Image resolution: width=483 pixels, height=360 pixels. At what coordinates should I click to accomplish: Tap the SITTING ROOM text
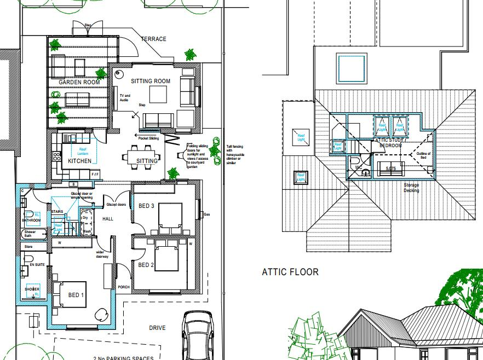tap(150, 82)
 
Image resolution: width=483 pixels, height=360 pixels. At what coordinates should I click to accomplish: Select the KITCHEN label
tap(79, 162)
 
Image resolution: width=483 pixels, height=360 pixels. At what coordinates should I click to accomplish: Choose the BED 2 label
tap(145, 265)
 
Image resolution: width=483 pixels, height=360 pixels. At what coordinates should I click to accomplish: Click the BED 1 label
tap(76, 295)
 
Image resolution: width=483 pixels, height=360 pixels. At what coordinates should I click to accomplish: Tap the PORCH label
tap(123, 287)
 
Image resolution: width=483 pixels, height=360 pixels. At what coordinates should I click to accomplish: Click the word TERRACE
tap(153, 39)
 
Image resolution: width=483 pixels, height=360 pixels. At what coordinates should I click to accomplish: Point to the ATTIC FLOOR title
tap(290, 272)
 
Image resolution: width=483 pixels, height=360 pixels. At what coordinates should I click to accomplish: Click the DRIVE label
tap(157, 328)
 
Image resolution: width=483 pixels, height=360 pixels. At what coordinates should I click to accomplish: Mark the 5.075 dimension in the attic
tap(390, 169)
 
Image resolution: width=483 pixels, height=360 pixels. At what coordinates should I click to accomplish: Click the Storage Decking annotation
tap(411, 188)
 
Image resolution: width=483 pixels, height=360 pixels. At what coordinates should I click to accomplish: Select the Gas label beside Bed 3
tap(206, 214)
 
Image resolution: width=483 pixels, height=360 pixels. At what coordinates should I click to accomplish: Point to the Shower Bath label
tap(30, 234)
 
